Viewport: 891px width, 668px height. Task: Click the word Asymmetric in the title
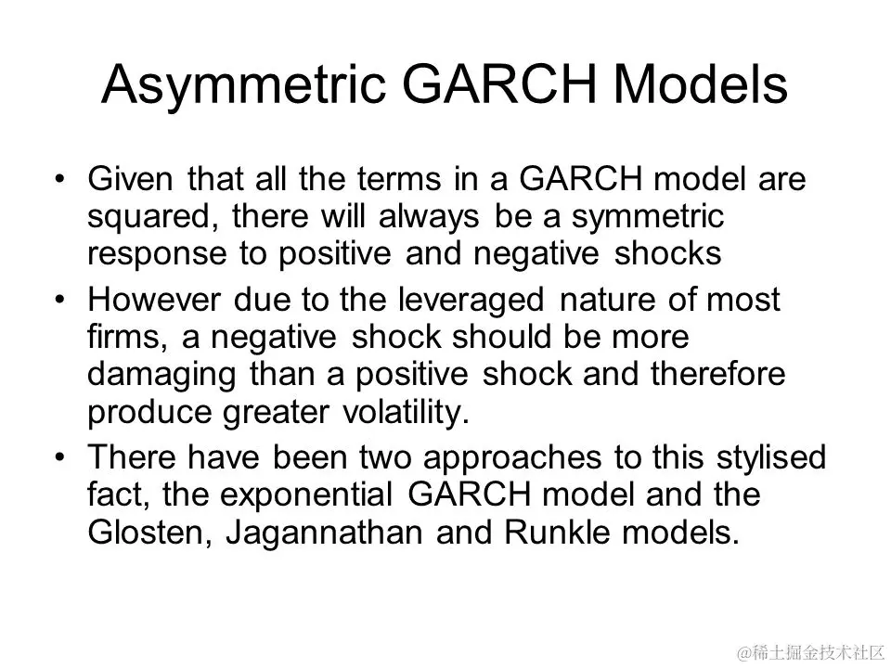(x=244, y=86)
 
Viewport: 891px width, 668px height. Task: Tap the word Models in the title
(x=700, y=84)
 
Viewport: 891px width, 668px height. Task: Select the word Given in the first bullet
(x=130, y=178)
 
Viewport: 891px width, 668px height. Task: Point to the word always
(x=429, y=217)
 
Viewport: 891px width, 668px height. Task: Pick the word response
(x=157, y=255)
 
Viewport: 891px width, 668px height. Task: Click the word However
(x=153, y=300)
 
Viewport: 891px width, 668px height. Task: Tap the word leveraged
(x=471, y=302)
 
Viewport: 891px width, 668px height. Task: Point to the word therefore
(x=717, y=374)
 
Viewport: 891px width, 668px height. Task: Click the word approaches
(x=512, y=459)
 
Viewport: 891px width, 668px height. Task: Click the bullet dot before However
(x=60, y=300)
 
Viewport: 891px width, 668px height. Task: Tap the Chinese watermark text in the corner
(x=810, y=653)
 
